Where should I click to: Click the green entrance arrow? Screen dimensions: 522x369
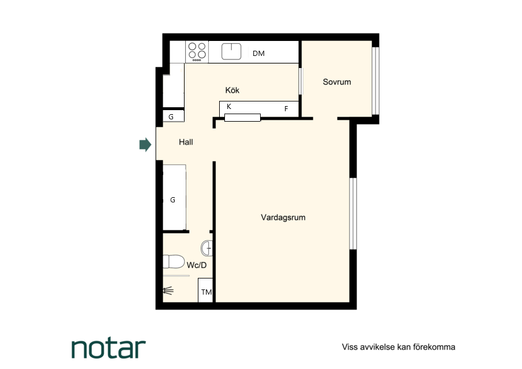pyautogui.click(x=145, y=144)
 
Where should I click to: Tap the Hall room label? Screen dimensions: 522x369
pyautogui.click(x=186, y=142)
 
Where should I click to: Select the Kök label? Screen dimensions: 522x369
pyautogui.click(x=232, y=90)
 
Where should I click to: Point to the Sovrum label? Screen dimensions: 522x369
pyautogui.click(x=337, y=82)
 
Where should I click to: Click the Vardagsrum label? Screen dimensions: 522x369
pyautogui.click(x=283, y=217)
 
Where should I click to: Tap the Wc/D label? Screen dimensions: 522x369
pyautogui.click(x=197, y=265)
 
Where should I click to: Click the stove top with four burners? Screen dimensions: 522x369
pyautogui.click(x=197, y=51)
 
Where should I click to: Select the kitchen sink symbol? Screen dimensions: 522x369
pyautogui.click(x=231, y=51)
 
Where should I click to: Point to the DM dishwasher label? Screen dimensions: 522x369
pyautogui.click(x=258, y=53)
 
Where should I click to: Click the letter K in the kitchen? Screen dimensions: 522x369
pyautogui.click(x=229, y=107)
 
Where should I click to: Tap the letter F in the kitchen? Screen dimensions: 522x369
pyautogui.click(x=286, y=108)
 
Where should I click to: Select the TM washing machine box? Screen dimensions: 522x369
pyautogui.click(x=205, y=290)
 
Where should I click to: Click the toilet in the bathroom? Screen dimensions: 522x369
pyautogui.click(x=174, y=262)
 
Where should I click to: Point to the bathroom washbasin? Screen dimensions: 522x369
pyautogui.click(x=206, y=248)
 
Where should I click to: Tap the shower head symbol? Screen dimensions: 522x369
pyautogui.click(x=168, y=291)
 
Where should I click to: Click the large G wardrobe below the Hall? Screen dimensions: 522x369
pyautogui.click(x=174, y=197)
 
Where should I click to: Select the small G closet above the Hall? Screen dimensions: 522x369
pyautogui.click(x=174, y=116)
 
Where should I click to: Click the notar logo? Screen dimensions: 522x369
pyautogui.click(x=108, y=348)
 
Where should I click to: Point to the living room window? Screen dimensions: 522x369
pyautogui.click(x=353, y=213)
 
